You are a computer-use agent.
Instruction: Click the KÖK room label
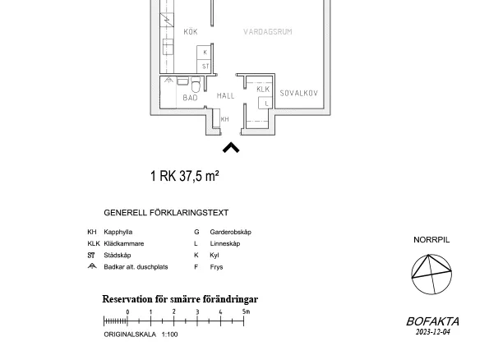191,31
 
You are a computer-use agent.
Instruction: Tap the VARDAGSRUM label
268,31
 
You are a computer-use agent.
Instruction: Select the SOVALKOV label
299,93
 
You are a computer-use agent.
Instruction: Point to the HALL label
225,96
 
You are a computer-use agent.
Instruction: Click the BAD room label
190,98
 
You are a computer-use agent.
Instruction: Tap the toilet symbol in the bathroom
196,85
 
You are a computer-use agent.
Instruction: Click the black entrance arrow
231,148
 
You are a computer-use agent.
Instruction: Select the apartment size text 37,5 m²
199,176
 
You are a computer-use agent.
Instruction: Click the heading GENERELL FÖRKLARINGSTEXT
166,213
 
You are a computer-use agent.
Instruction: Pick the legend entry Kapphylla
118,232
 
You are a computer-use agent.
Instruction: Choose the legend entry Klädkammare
124,243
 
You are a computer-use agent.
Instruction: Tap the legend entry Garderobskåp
231,232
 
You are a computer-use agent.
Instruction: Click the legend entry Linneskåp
225,243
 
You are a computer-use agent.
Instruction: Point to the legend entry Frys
216,267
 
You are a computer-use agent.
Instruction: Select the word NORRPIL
431,240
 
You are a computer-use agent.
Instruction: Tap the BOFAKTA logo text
432,321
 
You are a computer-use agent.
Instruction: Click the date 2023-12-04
433,331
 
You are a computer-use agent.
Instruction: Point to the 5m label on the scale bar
246,312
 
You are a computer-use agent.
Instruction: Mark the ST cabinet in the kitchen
205,67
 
